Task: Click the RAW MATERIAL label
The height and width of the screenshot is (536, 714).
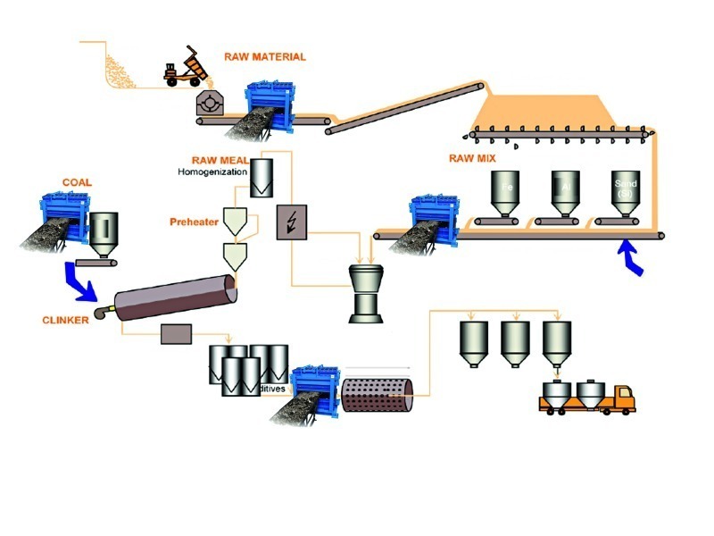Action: click(266, 56)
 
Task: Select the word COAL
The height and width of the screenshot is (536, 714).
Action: click(77, 182)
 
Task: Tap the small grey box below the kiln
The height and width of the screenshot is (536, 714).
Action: click(177, 335)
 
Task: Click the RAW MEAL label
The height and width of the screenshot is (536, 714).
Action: click(217, 160)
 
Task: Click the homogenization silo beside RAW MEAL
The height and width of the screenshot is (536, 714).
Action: click(262, 179)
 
